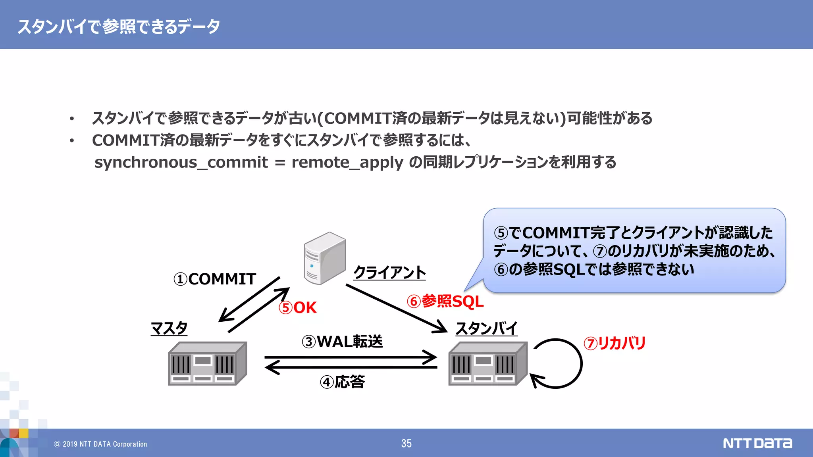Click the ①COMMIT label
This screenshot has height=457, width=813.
(215, 279)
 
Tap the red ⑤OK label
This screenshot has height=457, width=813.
(298, 307)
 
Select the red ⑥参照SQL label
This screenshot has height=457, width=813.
(445, 301)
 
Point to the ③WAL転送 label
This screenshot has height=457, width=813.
(342, 342)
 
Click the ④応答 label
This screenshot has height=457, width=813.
(342, 382)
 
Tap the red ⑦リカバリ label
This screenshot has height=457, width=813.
(615, 343)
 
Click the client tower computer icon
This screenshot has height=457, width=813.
(324, 258)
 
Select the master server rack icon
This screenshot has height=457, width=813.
(207, 363)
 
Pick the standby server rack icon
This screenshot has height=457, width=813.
(488, 363)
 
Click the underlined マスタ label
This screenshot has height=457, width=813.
(169, 328)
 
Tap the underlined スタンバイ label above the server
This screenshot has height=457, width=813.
(486, 328)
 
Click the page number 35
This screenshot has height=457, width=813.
(406, 444)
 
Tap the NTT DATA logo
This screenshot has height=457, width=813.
(757, 443)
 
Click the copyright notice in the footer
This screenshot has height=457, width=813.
(100, 444)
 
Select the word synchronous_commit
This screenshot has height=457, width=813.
(181, 162)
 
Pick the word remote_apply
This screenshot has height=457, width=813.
(347, 162)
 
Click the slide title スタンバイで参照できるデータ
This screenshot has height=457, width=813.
(119, 26)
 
